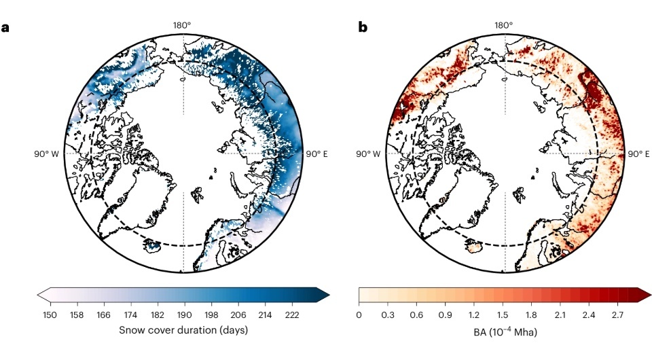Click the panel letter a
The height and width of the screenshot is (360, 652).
[6, 28]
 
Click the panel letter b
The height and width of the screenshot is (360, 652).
[363, 28]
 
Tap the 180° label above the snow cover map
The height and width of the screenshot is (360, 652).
[182, 26]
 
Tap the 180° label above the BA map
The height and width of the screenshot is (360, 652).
[504, 26]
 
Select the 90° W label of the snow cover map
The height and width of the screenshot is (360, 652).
[48, 154]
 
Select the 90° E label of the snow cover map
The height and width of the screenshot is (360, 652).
[316, 154]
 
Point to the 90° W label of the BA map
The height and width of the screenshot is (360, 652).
[369, 154]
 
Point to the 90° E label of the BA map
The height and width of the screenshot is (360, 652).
[638, 154]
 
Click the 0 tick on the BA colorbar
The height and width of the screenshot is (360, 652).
[359, 314]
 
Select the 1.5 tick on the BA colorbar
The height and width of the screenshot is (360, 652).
[503, 314]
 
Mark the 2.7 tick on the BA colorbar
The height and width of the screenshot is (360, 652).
[619, 314]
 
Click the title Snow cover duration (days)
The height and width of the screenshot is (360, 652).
[183, 330]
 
